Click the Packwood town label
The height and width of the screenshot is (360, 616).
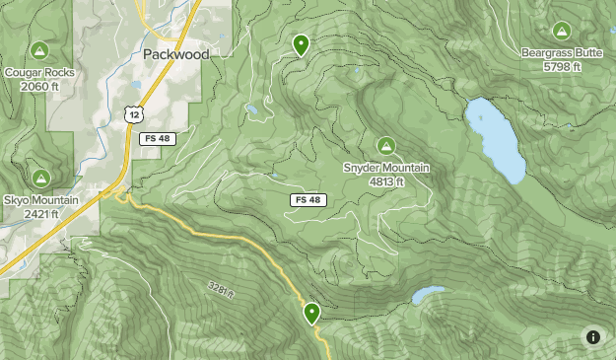click(175, 54)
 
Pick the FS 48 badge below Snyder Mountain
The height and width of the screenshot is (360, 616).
click(308, 199)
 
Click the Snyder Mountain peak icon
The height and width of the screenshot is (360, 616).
click(385, 145)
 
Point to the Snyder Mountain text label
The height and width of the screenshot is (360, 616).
click(385, 168)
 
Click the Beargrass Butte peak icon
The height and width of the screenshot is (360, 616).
click(562, 31)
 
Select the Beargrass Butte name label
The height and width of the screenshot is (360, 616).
click(562, 53)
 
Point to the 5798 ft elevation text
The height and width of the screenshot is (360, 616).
click(562, 67)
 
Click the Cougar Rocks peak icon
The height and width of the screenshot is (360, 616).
click(39, 50)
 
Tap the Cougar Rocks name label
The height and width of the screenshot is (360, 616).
click(39, 72)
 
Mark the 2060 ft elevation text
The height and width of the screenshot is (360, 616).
click(39, 86)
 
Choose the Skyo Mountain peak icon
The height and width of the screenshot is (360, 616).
click(40, 179)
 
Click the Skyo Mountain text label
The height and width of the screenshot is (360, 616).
click(40, 200)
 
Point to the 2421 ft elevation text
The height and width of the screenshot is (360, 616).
click(40, 214)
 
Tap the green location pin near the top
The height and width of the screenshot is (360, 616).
click(300, 43)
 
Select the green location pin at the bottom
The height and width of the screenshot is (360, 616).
click(311, 314)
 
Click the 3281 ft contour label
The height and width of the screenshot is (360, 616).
click(222, 289)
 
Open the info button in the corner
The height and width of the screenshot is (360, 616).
click(593, 337)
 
